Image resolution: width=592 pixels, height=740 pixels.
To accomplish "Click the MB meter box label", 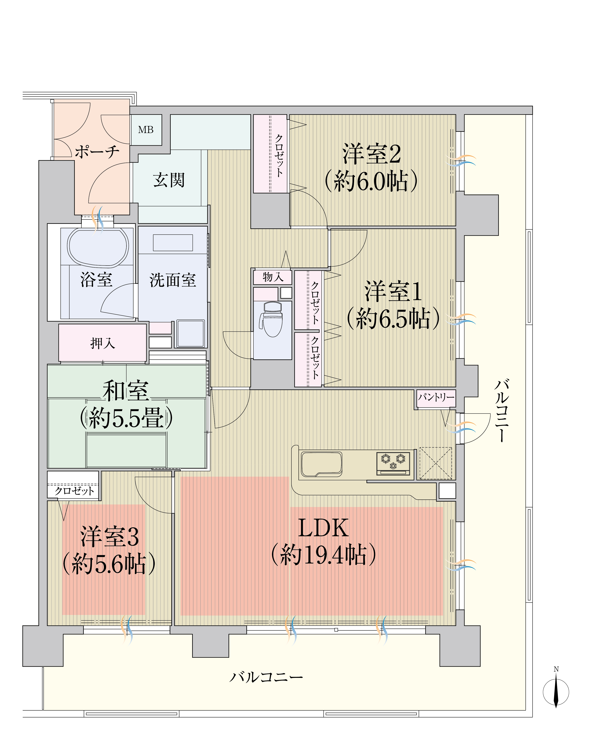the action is coord(146,130).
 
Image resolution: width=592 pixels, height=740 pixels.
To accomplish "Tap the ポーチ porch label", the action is coord(97,151).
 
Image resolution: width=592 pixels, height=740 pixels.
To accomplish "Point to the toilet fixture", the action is coord(273,319).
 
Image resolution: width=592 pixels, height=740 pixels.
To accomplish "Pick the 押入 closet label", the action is coord(102,343).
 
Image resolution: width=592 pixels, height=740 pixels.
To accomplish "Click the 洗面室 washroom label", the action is coord(173,280).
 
